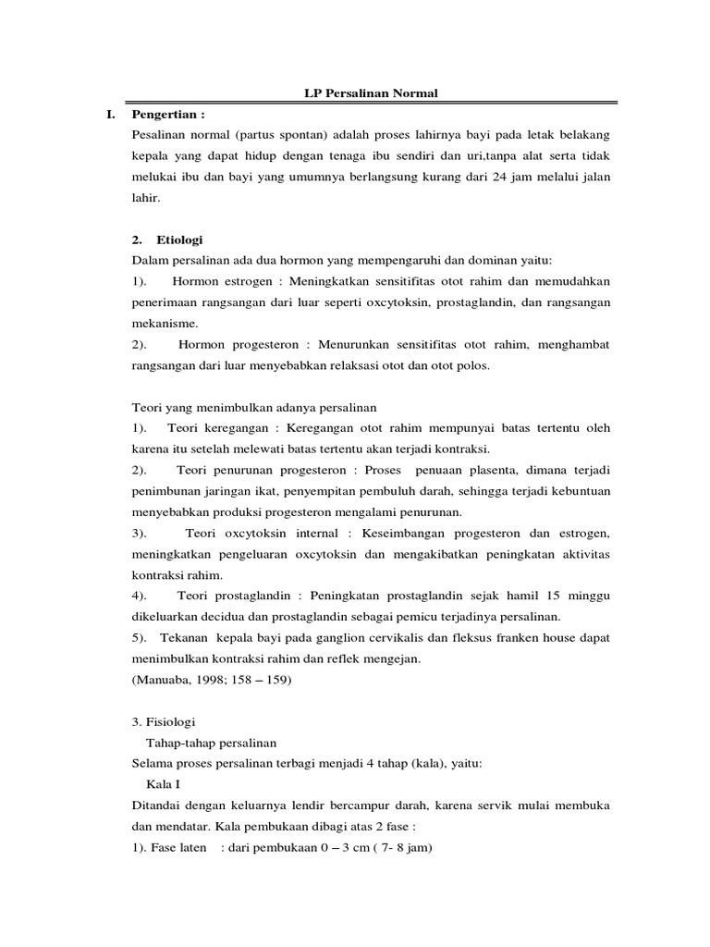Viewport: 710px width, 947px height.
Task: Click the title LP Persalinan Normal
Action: point(372,93)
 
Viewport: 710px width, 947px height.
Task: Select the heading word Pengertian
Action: point(166,115)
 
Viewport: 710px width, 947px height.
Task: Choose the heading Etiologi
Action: point(181,239)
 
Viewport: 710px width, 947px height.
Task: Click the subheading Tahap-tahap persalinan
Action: point(211,743)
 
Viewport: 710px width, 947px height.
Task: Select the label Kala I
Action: point(164,785)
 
